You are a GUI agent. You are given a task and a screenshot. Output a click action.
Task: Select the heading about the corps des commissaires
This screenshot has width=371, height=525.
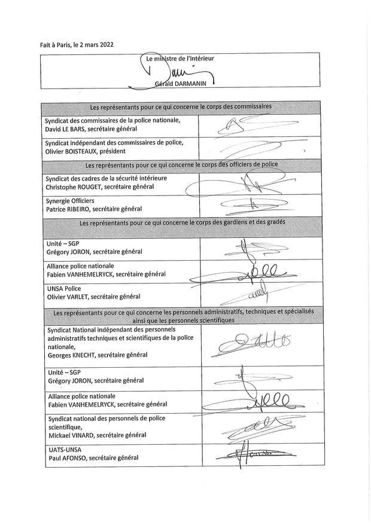(181, 107)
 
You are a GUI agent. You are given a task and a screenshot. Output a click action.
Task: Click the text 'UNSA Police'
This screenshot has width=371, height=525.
(64, 288)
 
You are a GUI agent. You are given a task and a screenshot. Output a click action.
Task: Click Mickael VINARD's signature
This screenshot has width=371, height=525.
(257, 426)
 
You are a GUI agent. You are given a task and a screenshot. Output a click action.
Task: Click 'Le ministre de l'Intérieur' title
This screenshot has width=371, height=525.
(181, 59)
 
